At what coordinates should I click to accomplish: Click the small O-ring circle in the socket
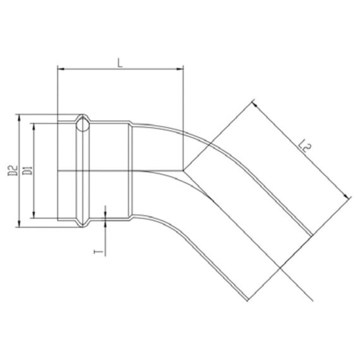coord(82,127)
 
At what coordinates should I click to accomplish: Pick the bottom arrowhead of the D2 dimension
coord(19,223)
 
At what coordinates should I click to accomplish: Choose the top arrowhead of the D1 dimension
coord(33,124)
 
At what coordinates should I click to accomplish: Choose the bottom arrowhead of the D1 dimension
coord(33,215)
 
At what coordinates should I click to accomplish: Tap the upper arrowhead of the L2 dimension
coord(255,102)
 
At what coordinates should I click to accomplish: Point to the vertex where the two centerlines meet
coord(183,171)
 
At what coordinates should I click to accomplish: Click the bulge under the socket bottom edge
coord(83,223)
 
